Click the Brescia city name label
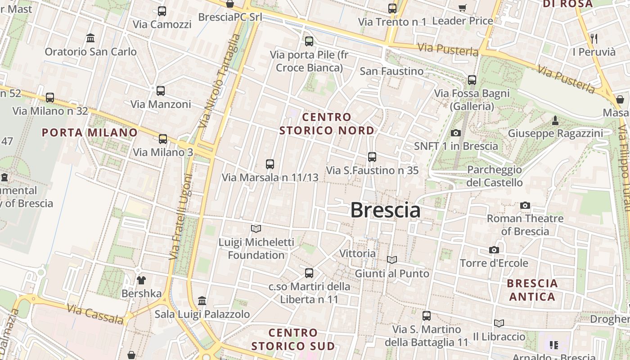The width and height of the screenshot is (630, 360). point(385,210)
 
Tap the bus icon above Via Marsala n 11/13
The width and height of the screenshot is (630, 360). point(270,164)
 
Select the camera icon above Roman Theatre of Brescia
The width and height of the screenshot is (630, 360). point(525,206)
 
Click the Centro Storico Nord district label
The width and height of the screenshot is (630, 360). point(327,124)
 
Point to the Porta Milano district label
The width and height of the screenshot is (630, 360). point(90,132)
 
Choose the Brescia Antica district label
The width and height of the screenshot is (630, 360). point(532,290)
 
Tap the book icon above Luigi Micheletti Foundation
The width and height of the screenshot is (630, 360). point(256,229)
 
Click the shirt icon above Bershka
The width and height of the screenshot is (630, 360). point(141,280)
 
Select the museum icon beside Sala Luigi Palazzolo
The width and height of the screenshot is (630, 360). point(202,301)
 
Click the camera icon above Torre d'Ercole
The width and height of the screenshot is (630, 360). point(494,250)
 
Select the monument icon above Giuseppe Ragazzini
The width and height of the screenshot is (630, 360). point(555,121)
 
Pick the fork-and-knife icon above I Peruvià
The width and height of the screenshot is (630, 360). point(594,39)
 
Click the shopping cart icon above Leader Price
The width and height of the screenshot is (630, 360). point(462,8)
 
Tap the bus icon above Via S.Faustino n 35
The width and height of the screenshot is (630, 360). point(372,157)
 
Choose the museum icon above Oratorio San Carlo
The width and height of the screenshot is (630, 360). point(90,38)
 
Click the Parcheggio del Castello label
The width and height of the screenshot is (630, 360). point(495,176)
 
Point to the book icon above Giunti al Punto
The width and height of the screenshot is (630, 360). point(392,260)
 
